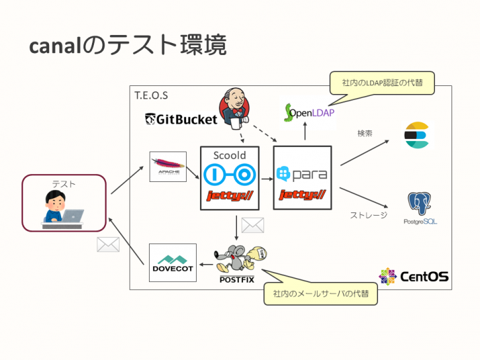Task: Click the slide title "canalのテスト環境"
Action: coord(128,45)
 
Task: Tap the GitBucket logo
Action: coord(181,119)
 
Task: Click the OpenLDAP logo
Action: coord(308,112)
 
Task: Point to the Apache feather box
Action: coord(168,167)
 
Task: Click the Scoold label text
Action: coord(229,156)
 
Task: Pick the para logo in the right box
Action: coord(301,174)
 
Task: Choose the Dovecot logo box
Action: coord(172,263)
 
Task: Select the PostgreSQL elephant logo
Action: coord(420,207)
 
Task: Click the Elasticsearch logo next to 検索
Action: coord(417,136)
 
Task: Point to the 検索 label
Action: coord(365,133)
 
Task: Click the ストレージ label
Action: coord(368,215)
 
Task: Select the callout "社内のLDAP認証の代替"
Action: coord(382,83)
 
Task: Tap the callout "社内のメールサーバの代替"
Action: coord(320,293)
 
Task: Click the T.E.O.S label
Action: coord(151,95)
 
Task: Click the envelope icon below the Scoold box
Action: coord(252,226)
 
